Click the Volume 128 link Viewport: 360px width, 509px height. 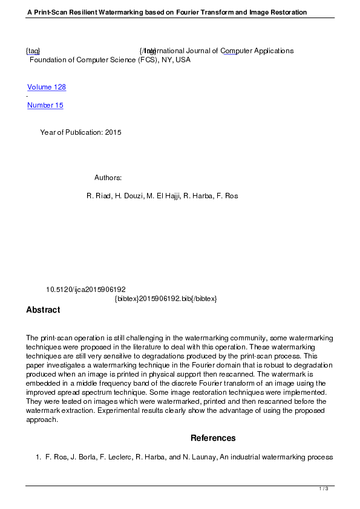47,87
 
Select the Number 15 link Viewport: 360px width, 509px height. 45,105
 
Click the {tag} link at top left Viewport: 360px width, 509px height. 33,51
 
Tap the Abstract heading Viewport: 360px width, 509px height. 43,310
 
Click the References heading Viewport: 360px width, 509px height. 213,438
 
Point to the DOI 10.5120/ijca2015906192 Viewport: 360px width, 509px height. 86,290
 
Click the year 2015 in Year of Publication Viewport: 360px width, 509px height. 113,132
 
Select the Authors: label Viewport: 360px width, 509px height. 108,178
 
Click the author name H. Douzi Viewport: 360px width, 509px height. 129,196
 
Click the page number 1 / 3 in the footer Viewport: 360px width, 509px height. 324,488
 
